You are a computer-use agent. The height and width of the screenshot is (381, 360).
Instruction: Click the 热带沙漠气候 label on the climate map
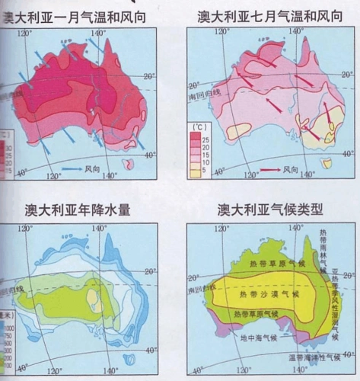point(269,293)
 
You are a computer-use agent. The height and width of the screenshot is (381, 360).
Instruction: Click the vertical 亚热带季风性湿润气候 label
point(336,301)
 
